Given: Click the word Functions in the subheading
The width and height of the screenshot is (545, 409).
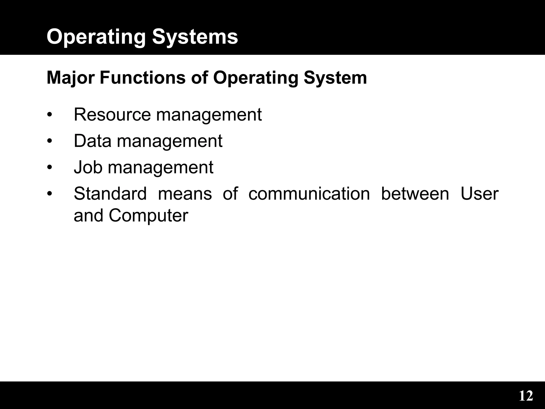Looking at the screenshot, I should click(x=143, y=78).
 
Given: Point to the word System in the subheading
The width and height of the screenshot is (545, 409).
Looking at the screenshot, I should click(x=335, y=78).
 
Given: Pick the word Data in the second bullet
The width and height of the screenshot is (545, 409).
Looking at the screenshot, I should click(x=92, y=141).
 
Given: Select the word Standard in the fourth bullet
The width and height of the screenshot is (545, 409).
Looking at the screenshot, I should click(x=110, y=194).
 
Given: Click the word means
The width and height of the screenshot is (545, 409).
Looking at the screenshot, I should click(x=185, y=194).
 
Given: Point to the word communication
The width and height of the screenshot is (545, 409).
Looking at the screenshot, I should click(x=309, y=194).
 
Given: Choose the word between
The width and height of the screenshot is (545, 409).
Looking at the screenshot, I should click(x=415, y=194).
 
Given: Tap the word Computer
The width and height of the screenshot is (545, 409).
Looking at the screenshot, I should click(x=148, y=215).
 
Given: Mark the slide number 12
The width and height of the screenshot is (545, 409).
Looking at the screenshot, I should click(x=526, y=396).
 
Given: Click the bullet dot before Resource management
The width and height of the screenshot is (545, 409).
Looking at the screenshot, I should click(x=49, y=115).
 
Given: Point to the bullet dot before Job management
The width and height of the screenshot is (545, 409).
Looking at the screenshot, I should click(x=49, y=168).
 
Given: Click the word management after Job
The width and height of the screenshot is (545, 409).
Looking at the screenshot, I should click(x=160, y=168).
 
